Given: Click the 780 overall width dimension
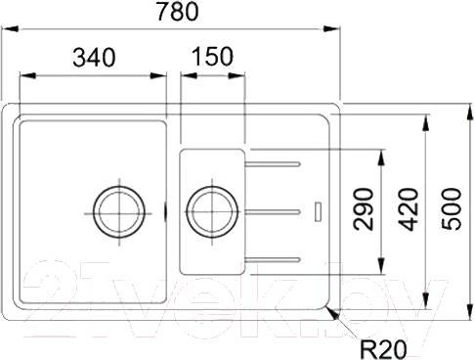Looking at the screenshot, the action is click(x=177, y=11).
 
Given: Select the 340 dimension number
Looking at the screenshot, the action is click(x=94, y=58).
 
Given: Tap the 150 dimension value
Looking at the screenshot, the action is click(x=212, y=56).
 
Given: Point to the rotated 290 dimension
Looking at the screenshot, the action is click(x=364, y=209).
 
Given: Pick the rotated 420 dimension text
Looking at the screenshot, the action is click(x=408, y=209).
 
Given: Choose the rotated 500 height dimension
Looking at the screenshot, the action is click(x=452, y=209).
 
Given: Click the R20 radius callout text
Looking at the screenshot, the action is click(x=383, y=349).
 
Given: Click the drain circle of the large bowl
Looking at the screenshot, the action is click(x=119, y=187).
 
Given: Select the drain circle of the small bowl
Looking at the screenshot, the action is click(x=212, y=187).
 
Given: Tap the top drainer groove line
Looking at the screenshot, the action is click(x=272, y=164).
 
